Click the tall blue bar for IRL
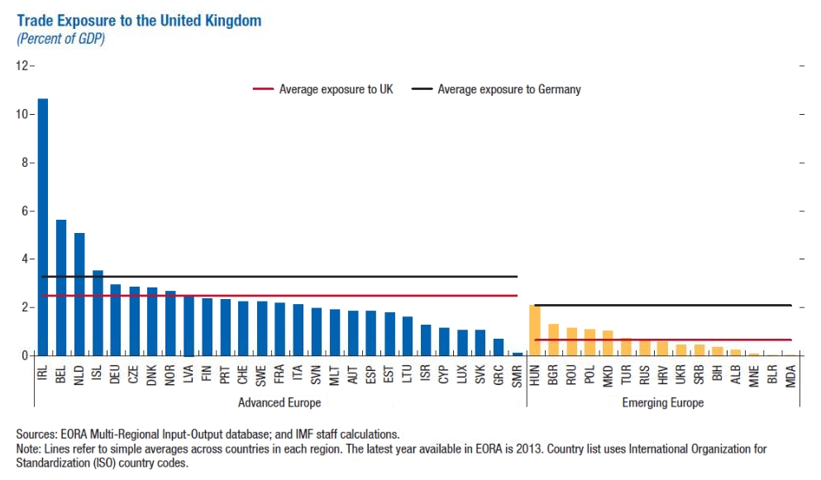tap(43, 227)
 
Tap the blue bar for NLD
tap(79, 294)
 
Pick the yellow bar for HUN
tap(535, 330)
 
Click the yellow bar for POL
tap(589, 342)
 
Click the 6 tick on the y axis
tap(26, 211)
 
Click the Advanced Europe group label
tap(279, 402)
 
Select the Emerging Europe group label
tap(662, 402)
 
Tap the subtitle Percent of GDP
tap(60, 38)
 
